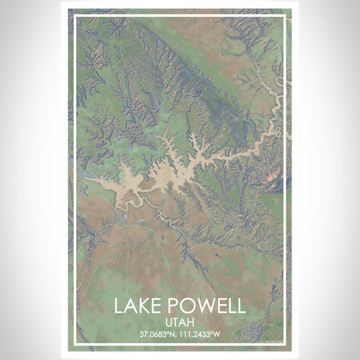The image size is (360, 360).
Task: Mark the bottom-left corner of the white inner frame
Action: (x=75, y=345)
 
